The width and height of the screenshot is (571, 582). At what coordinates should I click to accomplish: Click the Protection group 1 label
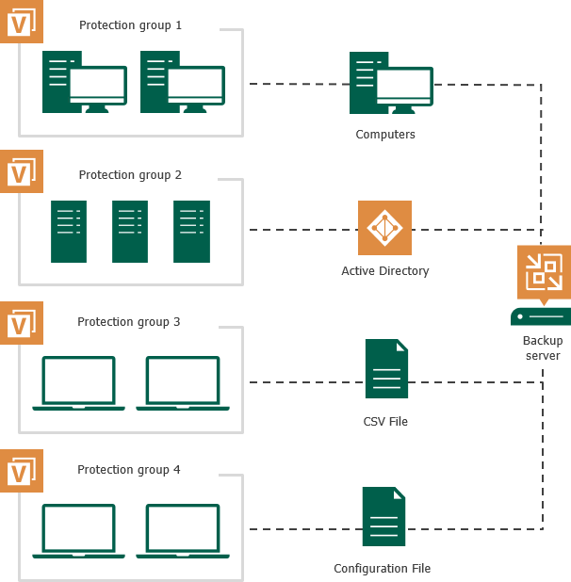click(x=130, y=25)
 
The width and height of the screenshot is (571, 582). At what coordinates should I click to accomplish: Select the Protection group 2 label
click(x=130, y=175)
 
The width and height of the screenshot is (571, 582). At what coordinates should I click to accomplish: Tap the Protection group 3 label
click(x=129, y=322)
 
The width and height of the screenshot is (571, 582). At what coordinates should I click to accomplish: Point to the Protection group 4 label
click(x=129, y=470)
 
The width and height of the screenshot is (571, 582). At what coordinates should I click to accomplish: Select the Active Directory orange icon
click(x=384, y=228)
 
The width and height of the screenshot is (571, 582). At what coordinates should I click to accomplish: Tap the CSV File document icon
click(x=386, y=369)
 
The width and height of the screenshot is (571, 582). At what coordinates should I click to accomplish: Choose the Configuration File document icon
click(x=383, y=516)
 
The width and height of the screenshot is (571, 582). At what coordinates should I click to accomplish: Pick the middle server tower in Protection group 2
click(x=130, y=232)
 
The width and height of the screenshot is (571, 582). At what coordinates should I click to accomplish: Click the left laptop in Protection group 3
click(x=78, y=383)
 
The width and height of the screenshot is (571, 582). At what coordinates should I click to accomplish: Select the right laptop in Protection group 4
click(x=183, y=531)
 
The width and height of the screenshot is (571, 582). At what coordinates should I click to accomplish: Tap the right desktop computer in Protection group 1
click(x=182, y=83)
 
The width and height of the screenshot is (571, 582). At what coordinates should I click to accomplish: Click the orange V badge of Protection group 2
click(x=21, y=171)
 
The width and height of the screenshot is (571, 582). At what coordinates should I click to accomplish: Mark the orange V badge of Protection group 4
click(x=21, y=471)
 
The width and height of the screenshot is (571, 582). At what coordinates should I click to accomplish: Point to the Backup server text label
click(x=542, y=348)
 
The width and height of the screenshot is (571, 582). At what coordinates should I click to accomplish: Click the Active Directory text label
click(x=384, y=271)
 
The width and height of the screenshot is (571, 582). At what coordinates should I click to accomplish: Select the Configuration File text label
click(x=382, y=569)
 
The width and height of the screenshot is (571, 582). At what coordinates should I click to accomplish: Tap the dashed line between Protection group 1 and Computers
click(x=297, y=84)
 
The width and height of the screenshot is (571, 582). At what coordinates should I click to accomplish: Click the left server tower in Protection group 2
click(x=69, y=232)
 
